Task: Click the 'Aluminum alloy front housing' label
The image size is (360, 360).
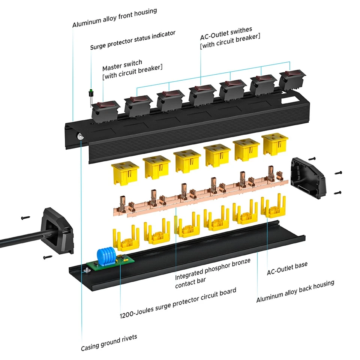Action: pos(114,18)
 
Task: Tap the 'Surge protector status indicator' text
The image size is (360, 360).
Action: pos(132,40)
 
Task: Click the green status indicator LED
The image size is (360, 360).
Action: pos(90,91)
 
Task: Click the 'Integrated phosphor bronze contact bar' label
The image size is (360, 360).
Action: pos(212,274)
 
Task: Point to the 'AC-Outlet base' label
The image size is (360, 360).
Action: pos(287,268)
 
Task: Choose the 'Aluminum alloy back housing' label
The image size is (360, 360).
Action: pos(295,291)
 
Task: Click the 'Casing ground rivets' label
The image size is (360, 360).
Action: pos(109,342)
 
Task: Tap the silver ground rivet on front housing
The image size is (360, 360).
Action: pos(80,137)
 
